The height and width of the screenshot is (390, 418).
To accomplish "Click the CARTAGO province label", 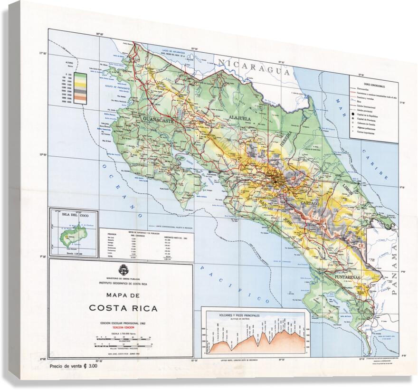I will coord(309,203).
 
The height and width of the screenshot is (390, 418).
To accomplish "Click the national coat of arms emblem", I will coord(122,270).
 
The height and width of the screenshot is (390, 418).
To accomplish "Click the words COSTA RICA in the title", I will coord(123,307).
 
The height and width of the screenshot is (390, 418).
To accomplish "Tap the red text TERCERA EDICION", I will coord(123,327).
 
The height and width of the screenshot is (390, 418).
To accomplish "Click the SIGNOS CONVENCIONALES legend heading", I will coord(374,82).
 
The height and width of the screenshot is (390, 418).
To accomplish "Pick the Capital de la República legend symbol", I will coord(353,114).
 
